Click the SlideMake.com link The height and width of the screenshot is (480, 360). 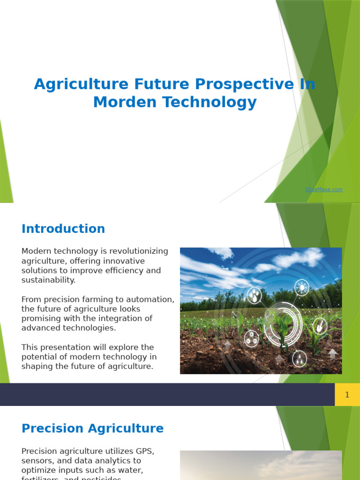pyautogui.click(x=323, y=189)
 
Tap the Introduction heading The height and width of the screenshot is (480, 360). pyautogui.click(x=63, y=229)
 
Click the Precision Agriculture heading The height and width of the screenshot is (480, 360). pyautogui.click(x=93, y=428)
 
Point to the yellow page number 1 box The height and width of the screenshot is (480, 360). pyautogui.click(x=347, y=395)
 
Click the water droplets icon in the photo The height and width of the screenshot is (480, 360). pyautogui.click(x=254, y=295)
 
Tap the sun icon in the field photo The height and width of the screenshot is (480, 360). pyautogui.click(x=301, y=287)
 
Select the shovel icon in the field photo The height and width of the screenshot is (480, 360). pyautogui.click(x=320, y=326)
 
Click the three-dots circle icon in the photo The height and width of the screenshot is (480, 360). pyautogui.click(x=251, y=338)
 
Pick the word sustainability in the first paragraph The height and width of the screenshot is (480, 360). pyautogui.click(x=48, y=280)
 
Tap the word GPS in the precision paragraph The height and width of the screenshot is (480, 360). pyautogui.click(x=145, y=451)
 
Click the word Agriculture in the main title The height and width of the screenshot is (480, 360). pyautogui.click(x=81, y=84)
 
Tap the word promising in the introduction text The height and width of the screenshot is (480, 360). pyautogui.click(x=42, y=319)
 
